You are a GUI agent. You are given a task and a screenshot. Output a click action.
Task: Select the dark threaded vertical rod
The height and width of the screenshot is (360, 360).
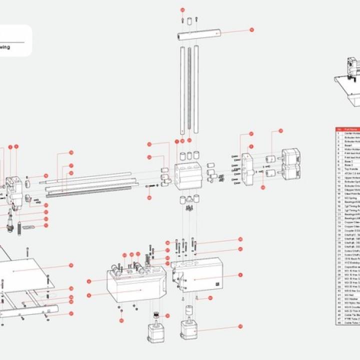point(190,90)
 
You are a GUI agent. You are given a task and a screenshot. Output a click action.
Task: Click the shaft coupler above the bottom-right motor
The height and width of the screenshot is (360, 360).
point(189,311)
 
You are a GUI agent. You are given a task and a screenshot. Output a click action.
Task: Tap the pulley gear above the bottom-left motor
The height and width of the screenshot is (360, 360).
point(155,315)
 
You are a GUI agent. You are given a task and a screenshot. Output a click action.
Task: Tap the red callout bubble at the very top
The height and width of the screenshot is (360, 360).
point(182,9)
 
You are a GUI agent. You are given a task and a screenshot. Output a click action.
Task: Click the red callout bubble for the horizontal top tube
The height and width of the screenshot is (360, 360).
point(252,30)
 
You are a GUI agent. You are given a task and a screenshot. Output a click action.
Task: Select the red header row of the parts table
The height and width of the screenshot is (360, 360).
point(347,129)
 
